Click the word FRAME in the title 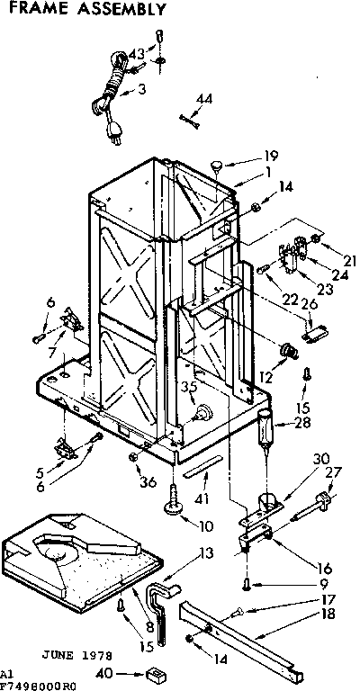(x=36, y=11)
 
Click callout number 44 (x=204, y=98)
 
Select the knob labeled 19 (x=218, y=164)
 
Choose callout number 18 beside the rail (x=301, y=615)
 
